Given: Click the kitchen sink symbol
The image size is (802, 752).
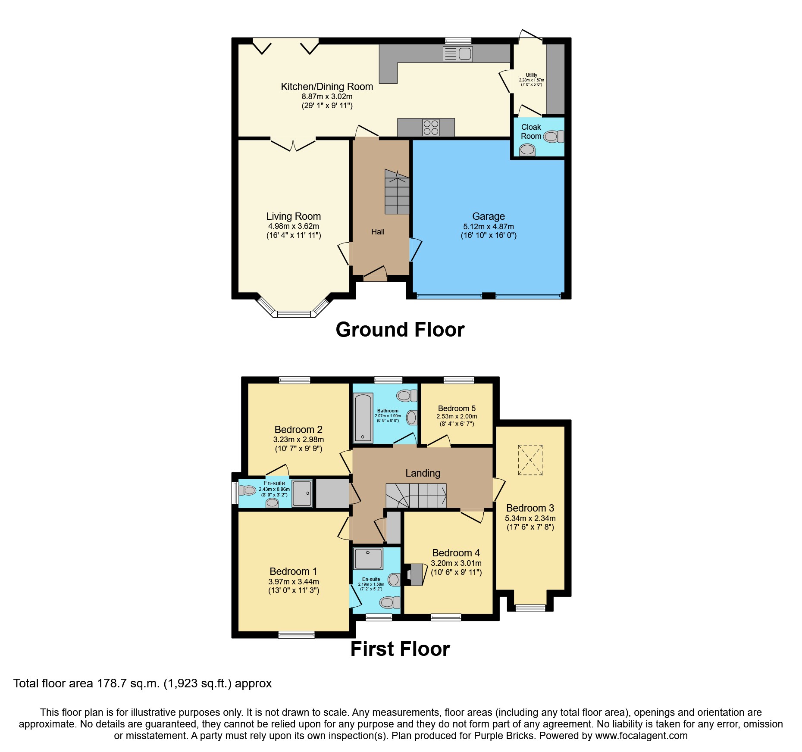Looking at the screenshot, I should (458, 54).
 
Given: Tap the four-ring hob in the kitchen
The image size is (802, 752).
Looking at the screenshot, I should (431, 128).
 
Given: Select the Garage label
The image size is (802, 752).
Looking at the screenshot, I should (488, 216).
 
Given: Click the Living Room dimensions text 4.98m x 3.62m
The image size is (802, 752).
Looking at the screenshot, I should (293, 226).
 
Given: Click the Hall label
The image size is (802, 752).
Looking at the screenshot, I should (378, 232).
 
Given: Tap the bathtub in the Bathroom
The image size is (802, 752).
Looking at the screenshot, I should (363, 418).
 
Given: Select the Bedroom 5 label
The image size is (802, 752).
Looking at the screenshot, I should (457, 408).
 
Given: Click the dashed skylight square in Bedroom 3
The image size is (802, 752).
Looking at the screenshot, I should (530, 460).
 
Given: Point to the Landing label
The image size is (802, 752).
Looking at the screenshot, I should (423, 473).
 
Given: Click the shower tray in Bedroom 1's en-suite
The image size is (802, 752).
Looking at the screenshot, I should (368, 559).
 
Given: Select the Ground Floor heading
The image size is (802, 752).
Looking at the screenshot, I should (400, 330).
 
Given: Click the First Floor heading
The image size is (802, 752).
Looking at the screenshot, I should (400, 649).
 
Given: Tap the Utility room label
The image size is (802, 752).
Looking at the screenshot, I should (531, 75).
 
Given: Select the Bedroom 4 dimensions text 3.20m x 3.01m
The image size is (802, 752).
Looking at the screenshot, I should (456, 563).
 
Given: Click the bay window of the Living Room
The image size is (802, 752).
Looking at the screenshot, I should (294, 313).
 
